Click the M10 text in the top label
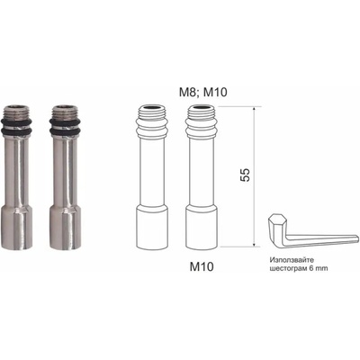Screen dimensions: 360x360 215,92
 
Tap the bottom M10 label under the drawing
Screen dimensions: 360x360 202,266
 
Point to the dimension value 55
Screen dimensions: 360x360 245,175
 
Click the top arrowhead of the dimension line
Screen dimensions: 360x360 254,109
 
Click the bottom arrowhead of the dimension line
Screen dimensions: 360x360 254,245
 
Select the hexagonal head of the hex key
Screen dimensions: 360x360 275,220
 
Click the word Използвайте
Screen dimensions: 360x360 289,260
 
